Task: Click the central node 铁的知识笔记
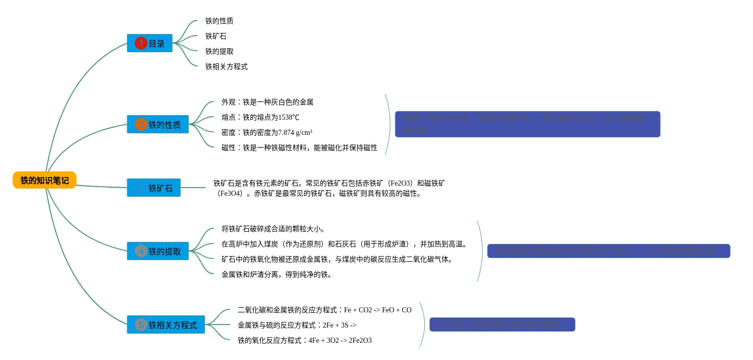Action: point(45,180)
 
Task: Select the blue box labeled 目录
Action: point(149,43)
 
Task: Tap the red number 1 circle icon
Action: point(140,43)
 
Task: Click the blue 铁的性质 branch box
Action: point(158,124)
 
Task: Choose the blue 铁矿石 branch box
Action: point(154,188)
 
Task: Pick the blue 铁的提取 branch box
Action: point(158,251)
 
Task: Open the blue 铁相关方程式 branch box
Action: point(166,325)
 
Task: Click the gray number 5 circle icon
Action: point(141,325)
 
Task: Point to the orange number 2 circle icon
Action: point(141,124)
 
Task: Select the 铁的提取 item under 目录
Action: point(219,51)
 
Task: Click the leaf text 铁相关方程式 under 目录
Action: point(227,66)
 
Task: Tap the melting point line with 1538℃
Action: point(260,117)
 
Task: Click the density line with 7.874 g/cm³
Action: point(267,132)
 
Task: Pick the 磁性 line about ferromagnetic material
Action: point(299,148)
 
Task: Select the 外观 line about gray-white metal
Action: point(267,102)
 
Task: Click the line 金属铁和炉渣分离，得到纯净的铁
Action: point(277,274)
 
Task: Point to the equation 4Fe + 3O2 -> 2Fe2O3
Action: point(305,340)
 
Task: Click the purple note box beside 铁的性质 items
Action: point(528,124)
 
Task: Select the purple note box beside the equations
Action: point(502,325)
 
